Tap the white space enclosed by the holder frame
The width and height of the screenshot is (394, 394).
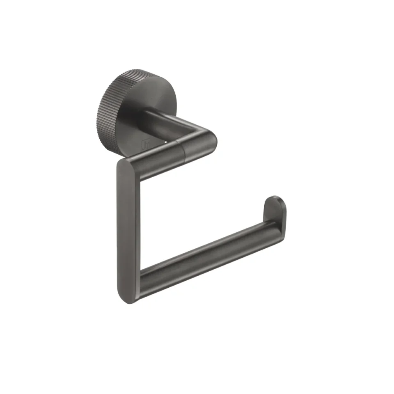pyautogui.click(x=193, y=213)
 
